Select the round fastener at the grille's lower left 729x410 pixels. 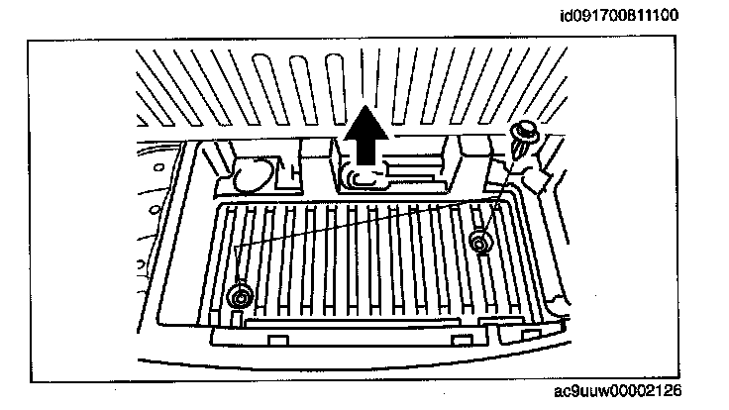point(239,294)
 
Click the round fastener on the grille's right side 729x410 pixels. point(481,241)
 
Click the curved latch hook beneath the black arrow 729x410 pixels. point(357,177)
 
